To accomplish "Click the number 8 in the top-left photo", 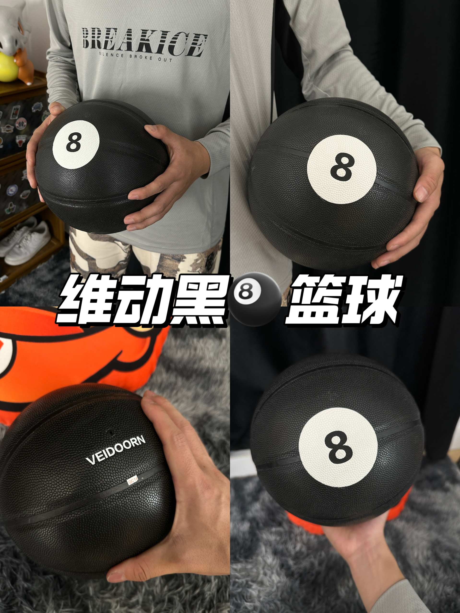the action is (x=74, y=141).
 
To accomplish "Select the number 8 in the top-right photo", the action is (x=343, y=166).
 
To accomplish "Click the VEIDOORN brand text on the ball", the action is (x=116, y=450).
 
